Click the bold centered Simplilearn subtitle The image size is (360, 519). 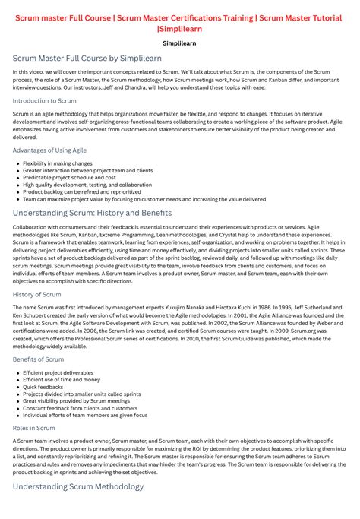(179, 43)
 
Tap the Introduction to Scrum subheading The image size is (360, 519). (44, 100)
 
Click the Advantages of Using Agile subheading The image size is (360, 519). (49, 150)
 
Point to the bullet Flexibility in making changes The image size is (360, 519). (58, 163)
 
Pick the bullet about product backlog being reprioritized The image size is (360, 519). (82, 192)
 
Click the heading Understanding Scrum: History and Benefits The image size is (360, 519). (92, 214)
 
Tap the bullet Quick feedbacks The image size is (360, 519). (43, 387)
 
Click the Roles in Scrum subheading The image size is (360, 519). (34, 429)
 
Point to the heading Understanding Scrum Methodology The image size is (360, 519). (78, 486)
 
